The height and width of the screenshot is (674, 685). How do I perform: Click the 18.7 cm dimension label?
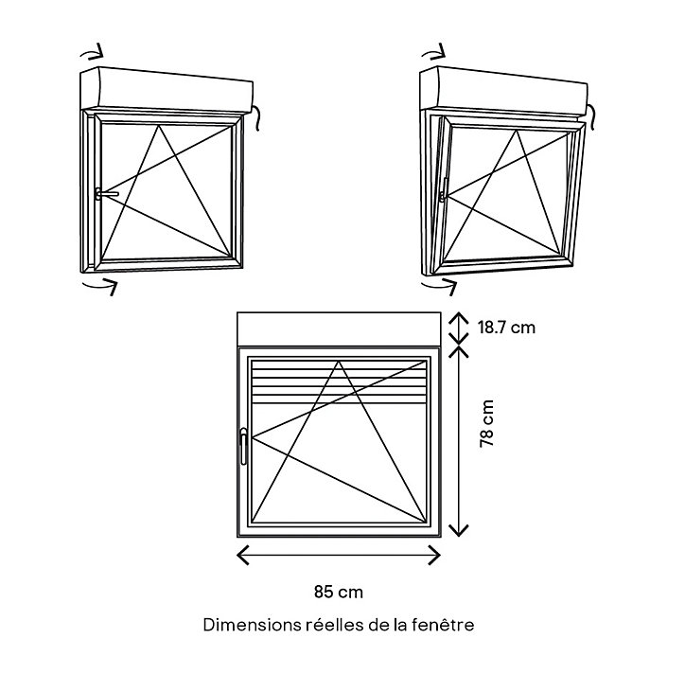(506, 328)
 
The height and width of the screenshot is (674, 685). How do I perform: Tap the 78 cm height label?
(486, 423)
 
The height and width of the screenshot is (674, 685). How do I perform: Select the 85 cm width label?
(339, 592)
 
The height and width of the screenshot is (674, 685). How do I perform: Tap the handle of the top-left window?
(106, 194)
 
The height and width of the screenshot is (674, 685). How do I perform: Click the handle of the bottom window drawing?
(243, 446)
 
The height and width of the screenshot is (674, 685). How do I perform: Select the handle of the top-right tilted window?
(445, 189)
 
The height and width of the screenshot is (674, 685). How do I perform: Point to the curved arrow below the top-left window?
(100, 286)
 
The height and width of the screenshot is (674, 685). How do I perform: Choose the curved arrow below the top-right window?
(440, 286)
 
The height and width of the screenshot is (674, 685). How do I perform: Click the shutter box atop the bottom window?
(339, 328)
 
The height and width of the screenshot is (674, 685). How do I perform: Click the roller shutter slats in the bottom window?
(339, 382)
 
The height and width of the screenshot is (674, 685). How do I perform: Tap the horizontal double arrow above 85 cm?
(339, 555)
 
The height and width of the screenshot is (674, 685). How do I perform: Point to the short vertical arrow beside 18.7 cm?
(459, 328)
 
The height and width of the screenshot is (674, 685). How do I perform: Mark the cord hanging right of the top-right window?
(589, 116)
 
